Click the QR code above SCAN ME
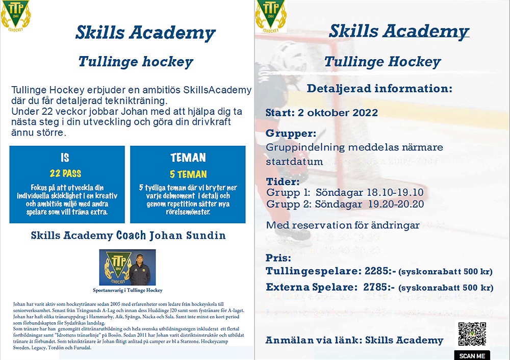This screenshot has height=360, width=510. (472, 335)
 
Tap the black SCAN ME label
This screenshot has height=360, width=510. (472, 355)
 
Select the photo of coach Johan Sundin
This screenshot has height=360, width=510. (127, 267)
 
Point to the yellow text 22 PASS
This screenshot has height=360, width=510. (65, 173)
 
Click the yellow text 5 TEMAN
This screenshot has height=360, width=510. (188, 174)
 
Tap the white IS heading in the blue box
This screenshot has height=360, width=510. (65, 158)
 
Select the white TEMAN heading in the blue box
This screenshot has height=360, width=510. (188, 158)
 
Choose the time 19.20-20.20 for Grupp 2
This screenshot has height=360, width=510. (391, 204)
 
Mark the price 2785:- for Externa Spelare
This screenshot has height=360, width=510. (379, 287)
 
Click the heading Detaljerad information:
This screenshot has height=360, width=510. (379, 89)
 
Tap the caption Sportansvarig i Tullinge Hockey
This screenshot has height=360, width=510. (127, 290)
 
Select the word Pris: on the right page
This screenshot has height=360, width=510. (278, 258)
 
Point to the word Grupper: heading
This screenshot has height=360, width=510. (291, 134)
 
